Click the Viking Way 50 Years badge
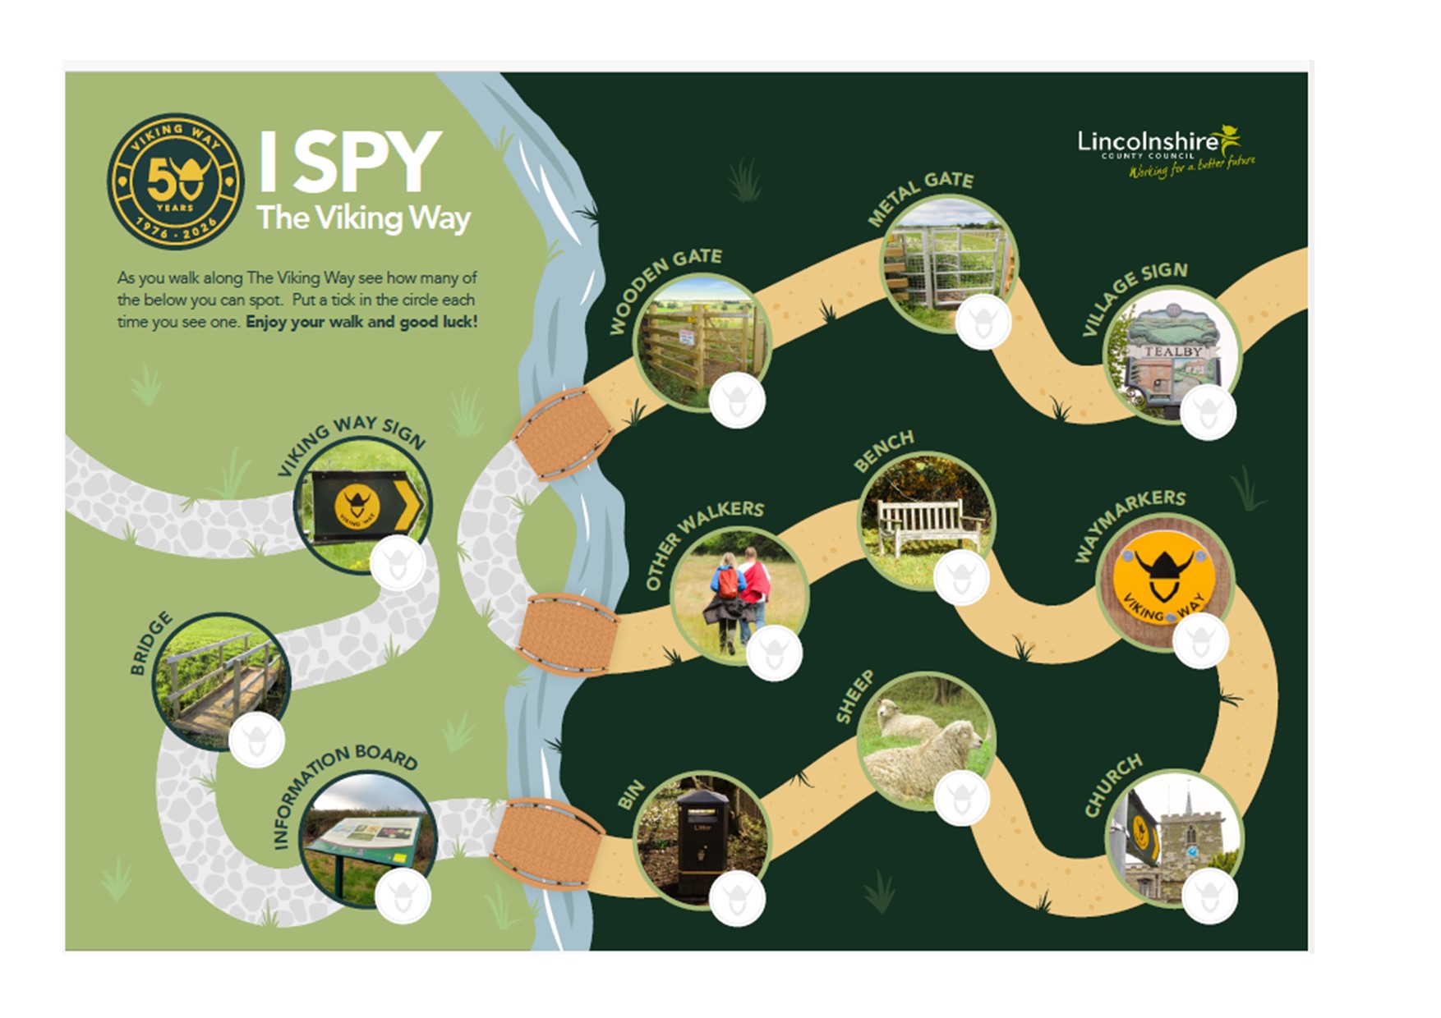(x=175, y=181)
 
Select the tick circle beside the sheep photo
(x=961, y=797)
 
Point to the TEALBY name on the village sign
(x=1173, y=351)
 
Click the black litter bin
(x=702, y=842)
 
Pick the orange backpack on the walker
(x=728, y=582)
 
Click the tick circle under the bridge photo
(x=256, y=741)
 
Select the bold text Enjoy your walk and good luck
(x=361, y=322)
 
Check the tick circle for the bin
(x=737, y=898)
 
